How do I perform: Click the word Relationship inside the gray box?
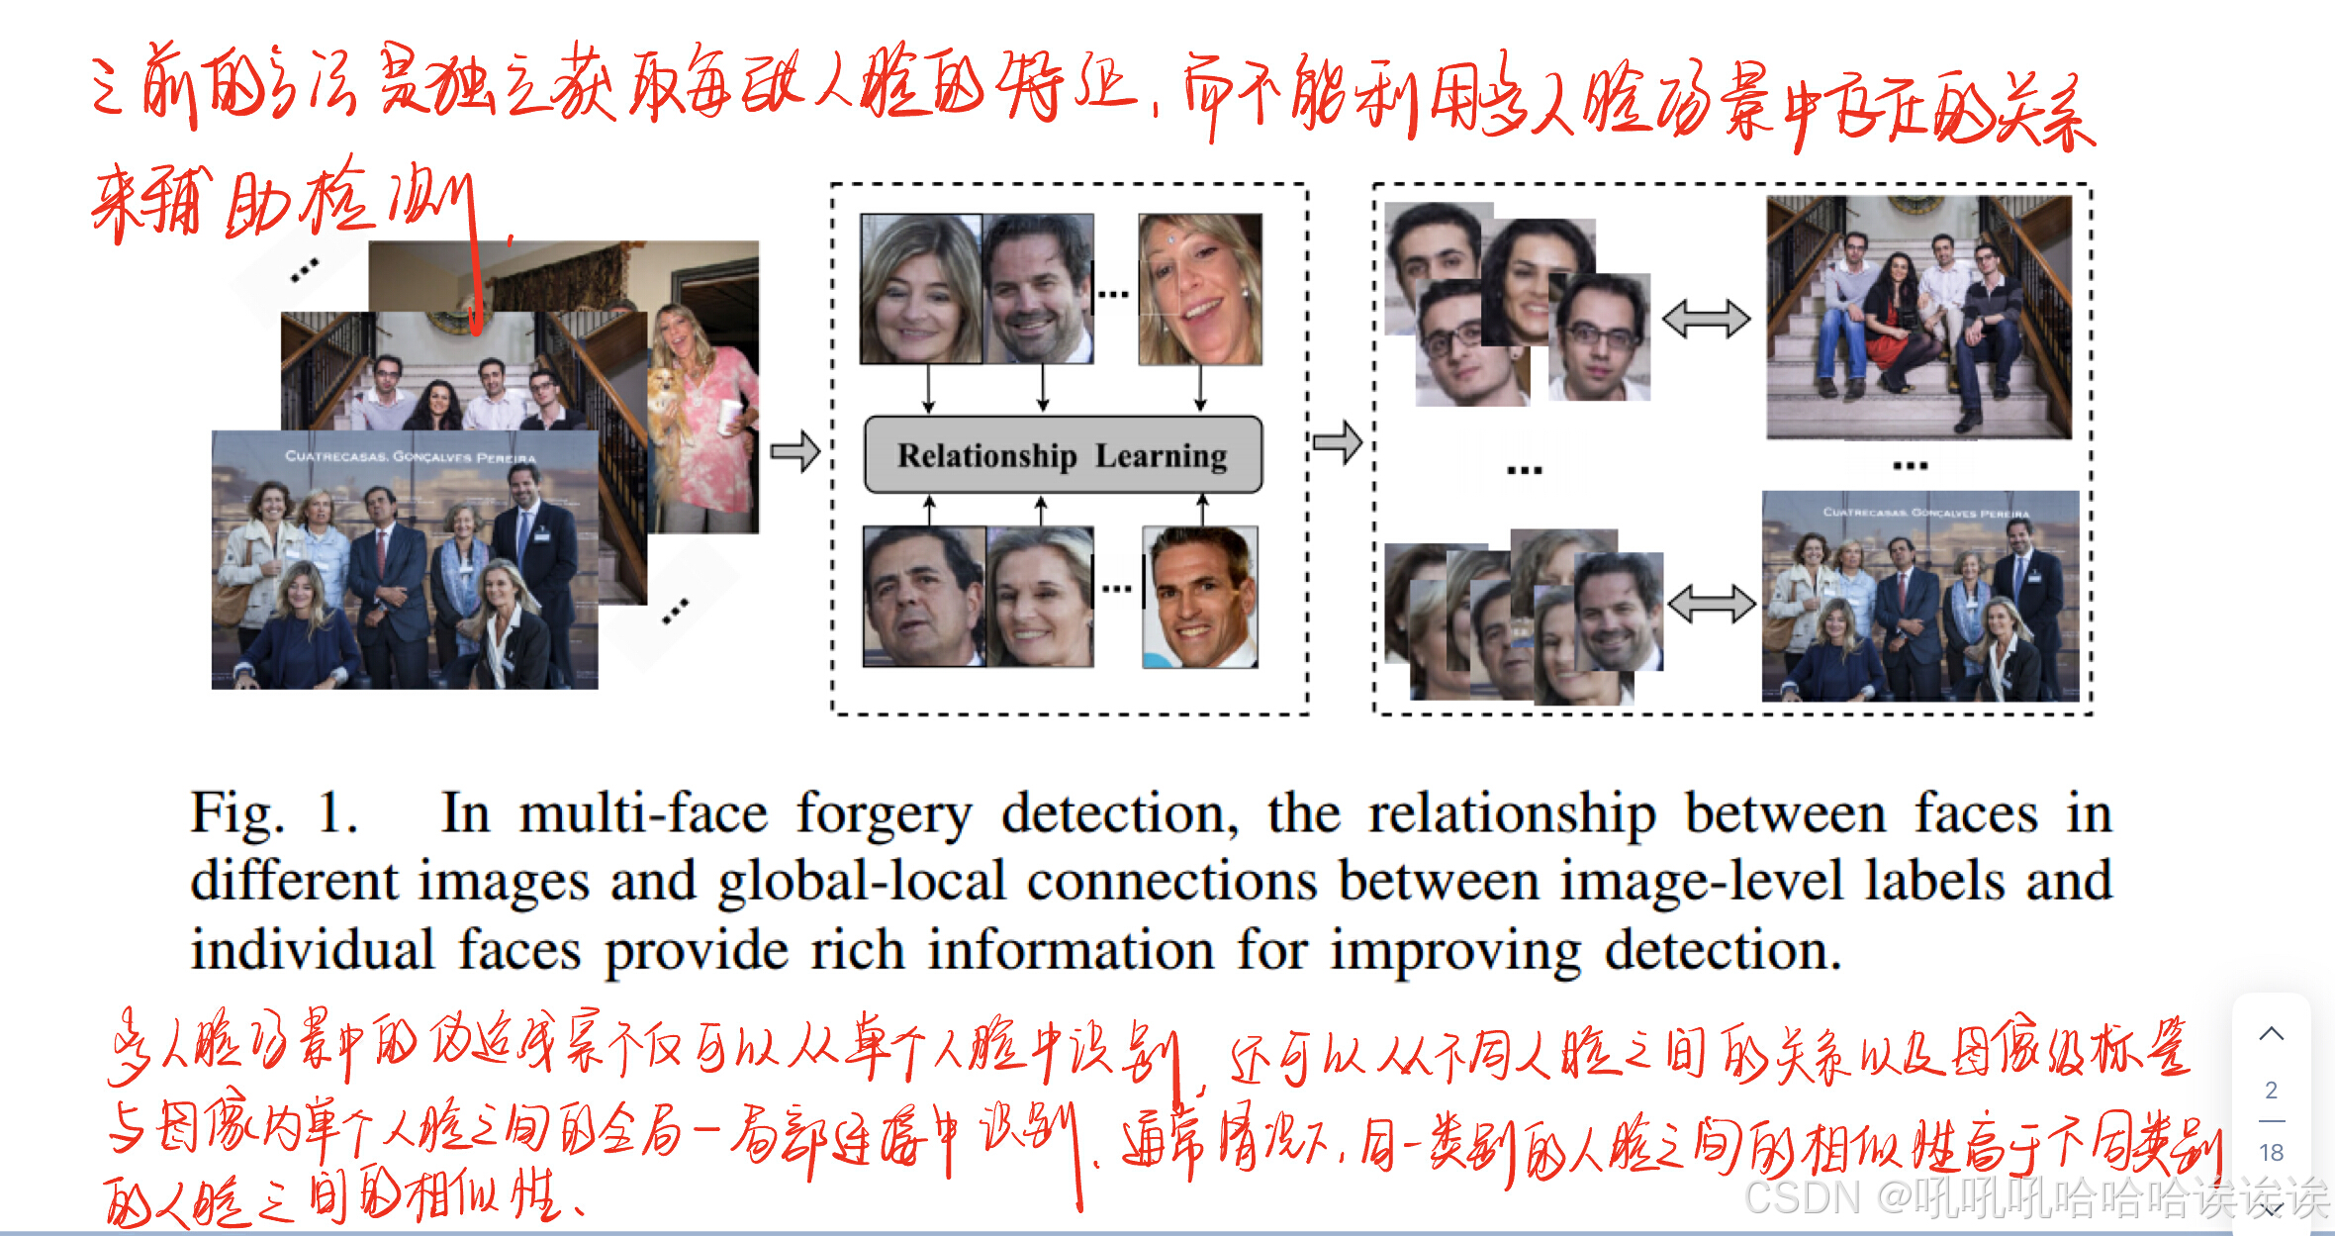click(x=986, y=456)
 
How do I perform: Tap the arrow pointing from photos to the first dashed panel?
click(x=795, y=451)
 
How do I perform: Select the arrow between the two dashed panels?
click(x=1338, y=441)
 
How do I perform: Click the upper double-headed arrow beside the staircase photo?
click(x=1706, y=319)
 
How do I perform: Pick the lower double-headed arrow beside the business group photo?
click(x=1711, y=603)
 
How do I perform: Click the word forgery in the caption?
click(x=885, y=815)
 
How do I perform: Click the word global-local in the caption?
click(x=861, y=881)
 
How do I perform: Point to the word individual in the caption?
click(x=313, y=950)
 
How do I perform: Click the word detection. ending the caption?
click(x=1723, y=950)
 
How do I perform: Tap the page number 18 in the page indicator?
click(x=2272, y=1153)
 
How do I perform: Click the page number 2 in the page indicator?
click(x=2272, y=1091)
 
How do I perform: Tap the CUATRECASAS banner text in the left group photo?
click(x=410, y=456)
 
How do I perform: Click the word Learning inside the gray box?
click(x=1161, y=456)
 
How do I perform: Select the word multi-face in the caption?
click(x=643, y=815)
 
